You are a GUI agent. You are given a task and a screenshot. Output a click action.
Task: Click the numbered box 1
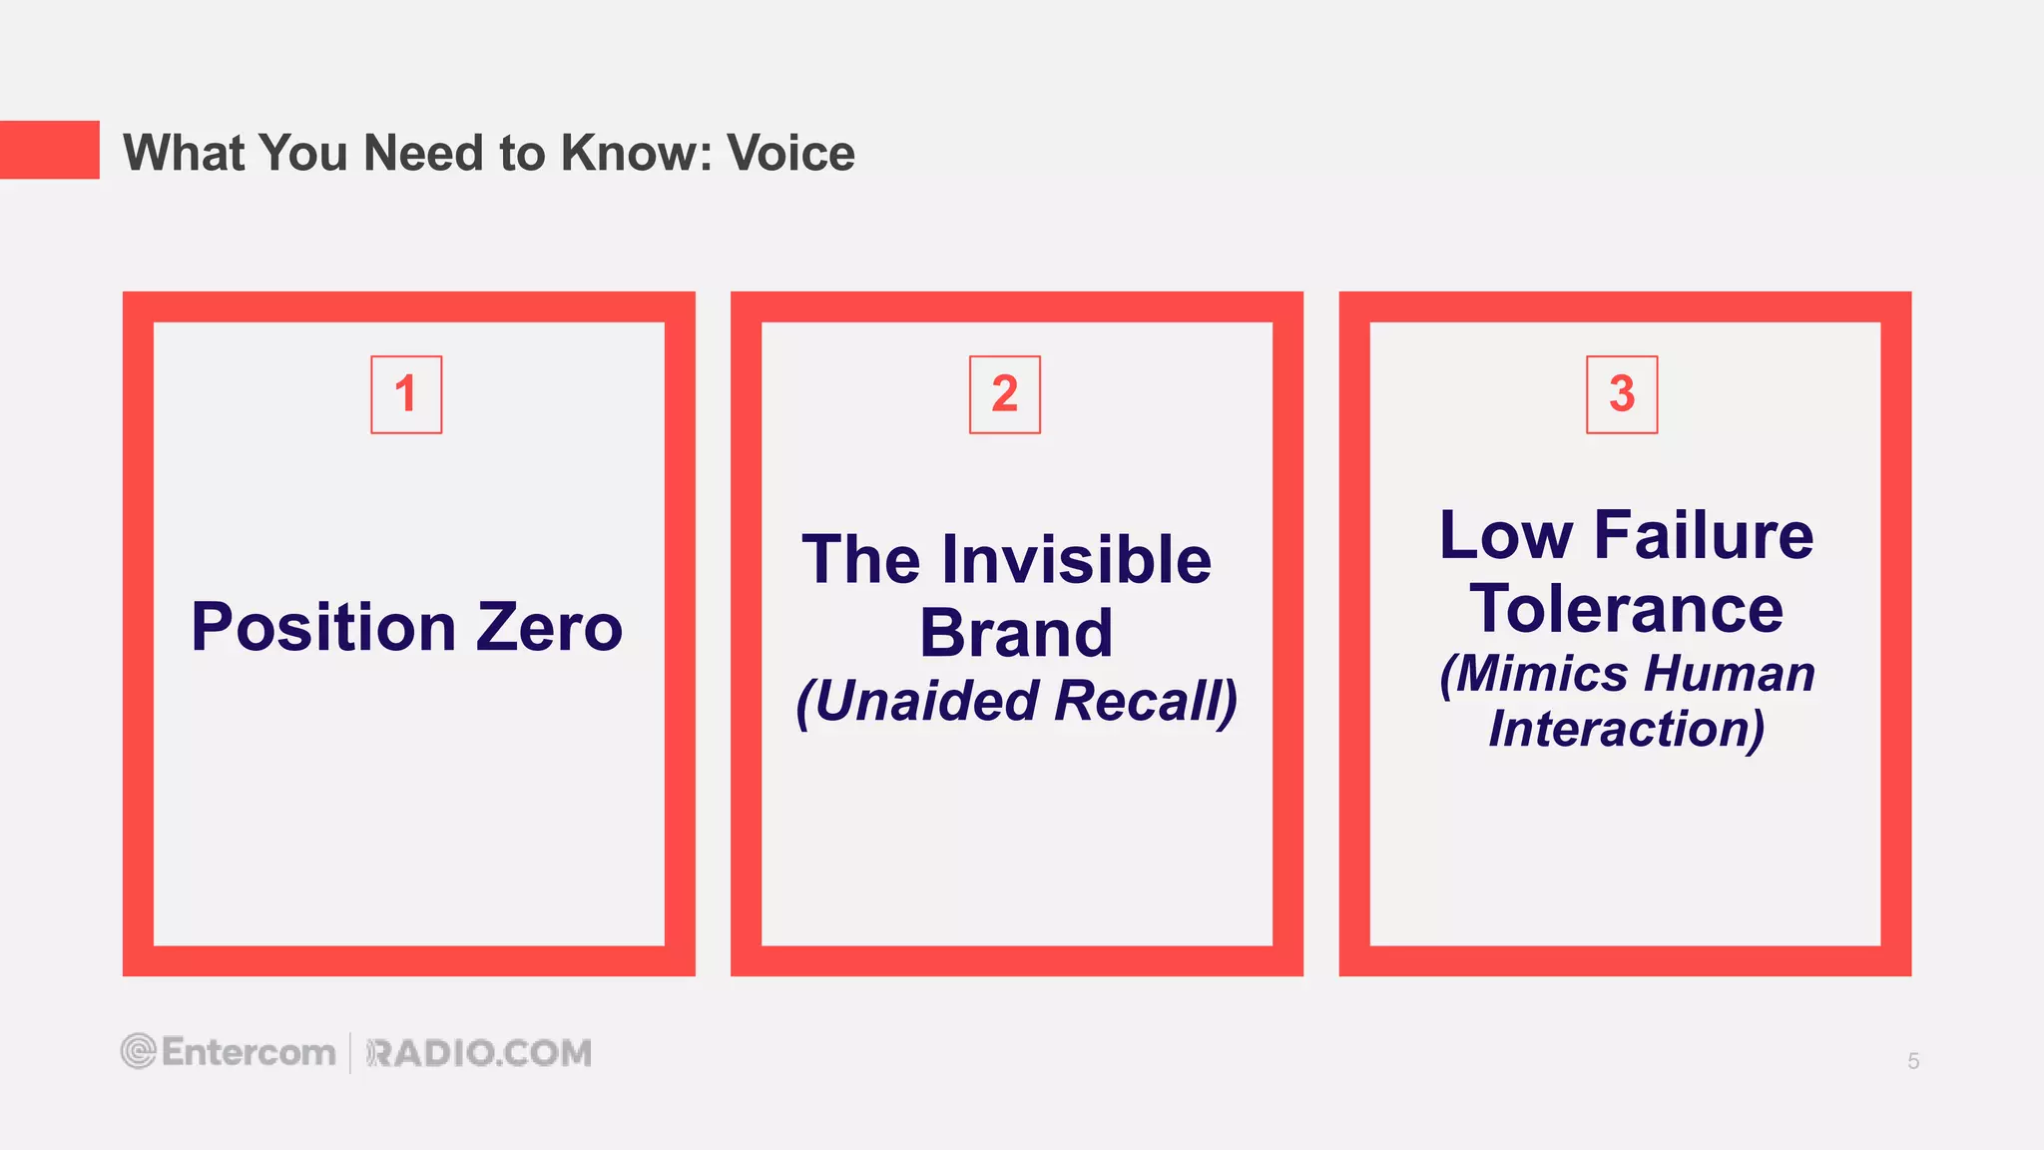tap(406, 394)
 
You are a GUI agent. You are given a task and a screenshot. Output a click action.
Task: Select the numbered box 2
tap(1005, 394)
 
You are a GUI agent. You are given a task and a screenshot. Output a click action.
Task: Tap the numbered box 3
tap(1622, 394)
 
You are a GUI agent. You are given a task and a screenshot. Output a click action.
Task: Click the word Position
tap(323, 628)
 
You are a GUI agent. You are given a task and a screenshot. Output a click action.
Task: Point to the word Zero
tap(549, 628)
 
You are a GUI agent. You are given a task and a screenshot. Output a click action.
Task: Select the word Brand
tap(1016, 633)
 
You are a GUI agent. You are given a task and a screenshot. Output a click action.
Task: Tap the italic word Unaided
tap(926, 701)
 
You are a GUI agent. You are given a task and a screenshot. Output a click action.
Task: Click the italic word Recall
tap(1144, 701)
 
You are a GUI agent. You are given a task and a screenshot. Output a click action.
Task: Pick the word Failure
tap(1704, 535)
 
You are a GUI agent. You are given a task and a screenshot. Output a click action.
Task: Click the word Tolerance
tap(1626, 609)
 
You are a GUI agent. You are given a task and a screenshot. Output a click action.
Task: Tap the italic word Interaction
tap(1626, 729)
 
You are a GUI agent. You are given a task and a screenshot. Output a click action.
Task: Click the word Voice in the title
tap(790, 153)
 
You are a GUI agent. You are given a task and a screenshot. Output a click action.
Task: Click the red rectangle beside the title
tap(50, 150)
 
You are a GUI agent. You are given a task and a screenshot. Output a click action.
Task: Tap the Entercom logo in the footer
tap(229, 1052)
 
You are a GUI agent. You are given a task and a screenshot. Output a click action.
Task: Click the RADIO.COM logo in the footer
tap(479, 1053)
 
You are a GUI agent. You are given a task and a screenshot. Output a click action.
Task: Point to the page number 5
tap(1913, 1061)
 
